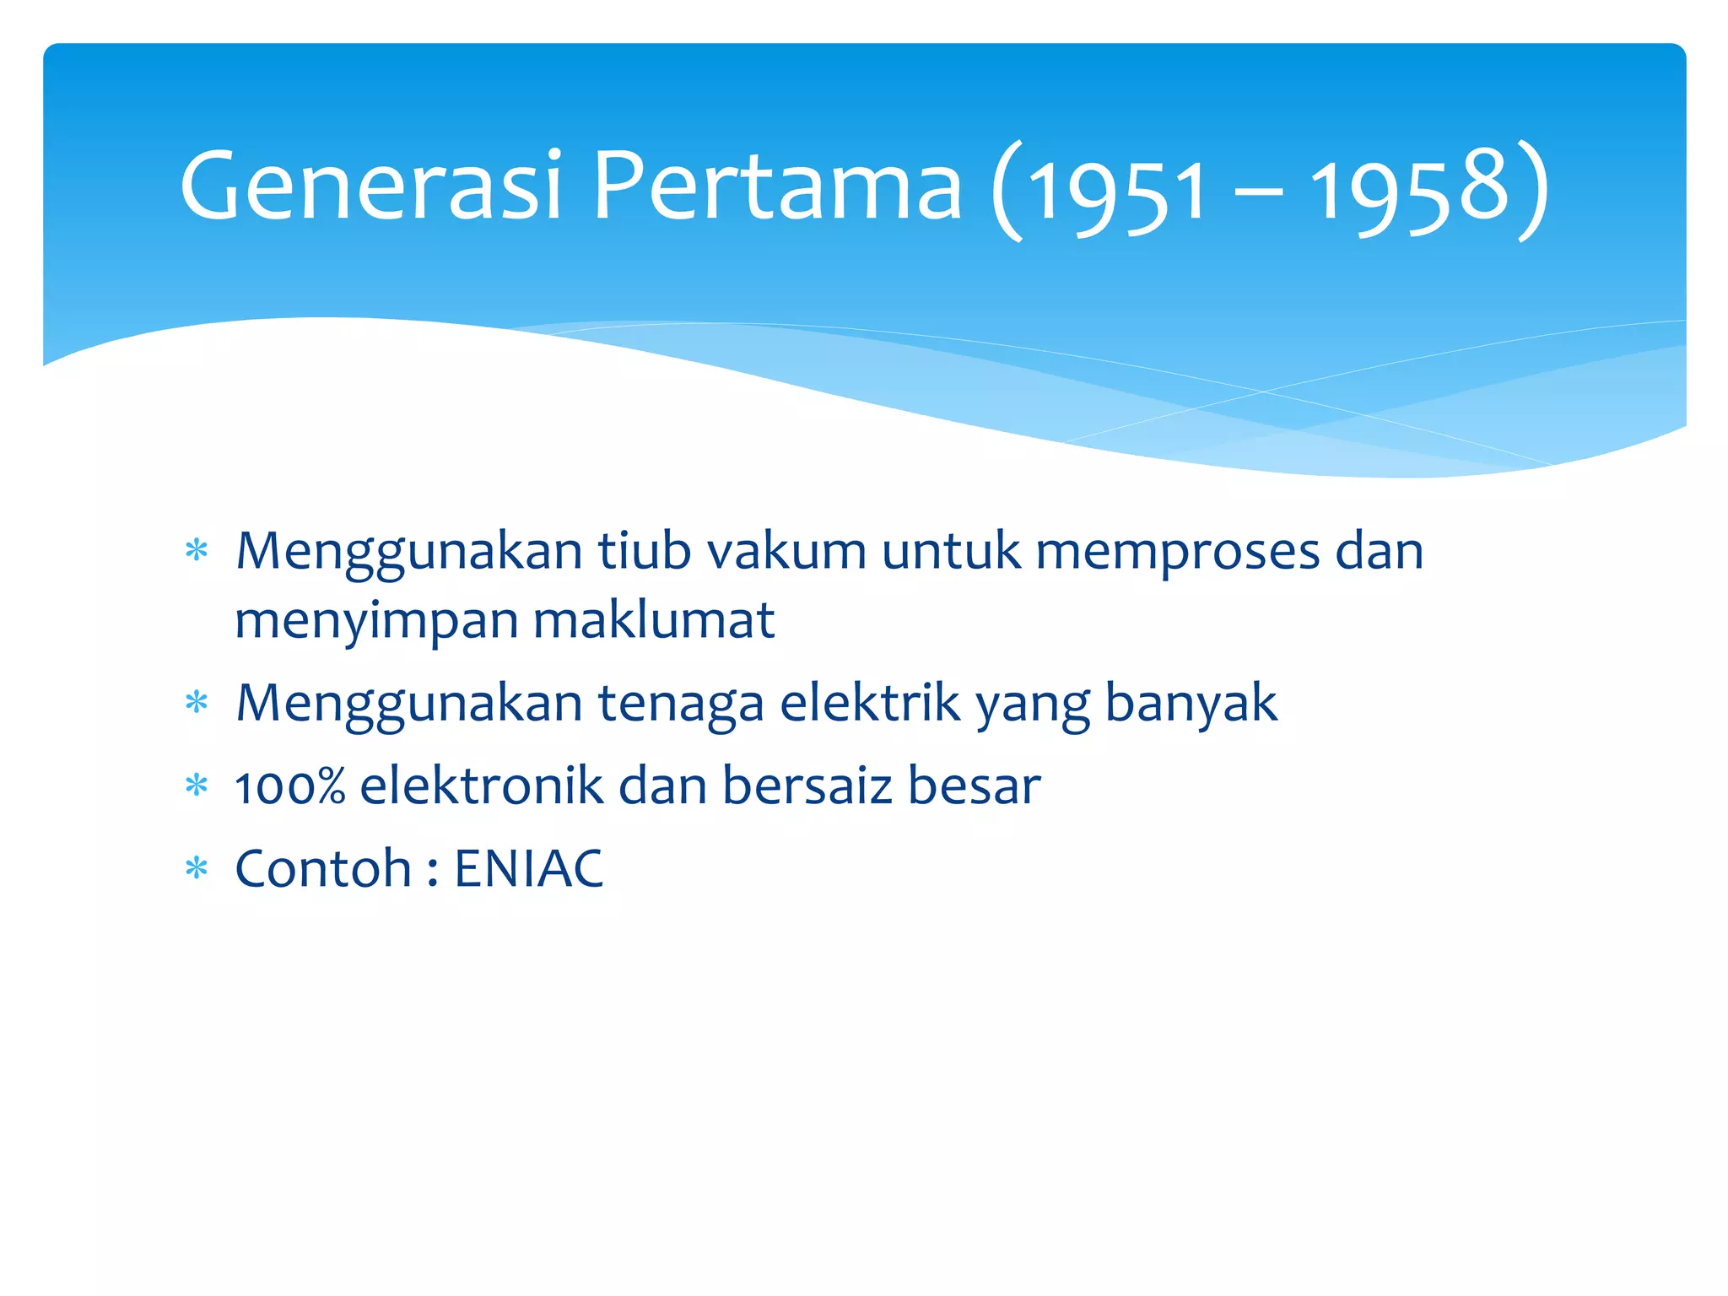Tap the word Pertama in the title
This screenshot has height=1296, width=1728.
point(776,186)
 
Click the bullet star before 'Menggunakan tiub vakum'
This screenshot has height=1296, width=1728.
point(197,552)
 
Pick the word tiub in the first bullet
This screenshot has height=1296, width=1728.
point(644,552)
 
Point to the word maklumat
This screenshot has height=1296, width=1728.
point(654,621)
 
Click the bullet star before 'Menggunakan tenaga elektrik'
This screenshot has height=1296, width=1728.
point(197,702)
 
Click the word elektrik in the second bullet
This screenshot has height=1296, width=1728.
point(869,702)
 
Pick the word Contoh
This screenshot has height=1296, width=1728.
point(323,868)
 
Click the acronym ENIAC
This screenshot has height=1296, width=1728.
point(529,868)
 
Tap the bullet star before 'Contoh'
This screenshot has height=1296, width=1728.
point(197,868)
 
